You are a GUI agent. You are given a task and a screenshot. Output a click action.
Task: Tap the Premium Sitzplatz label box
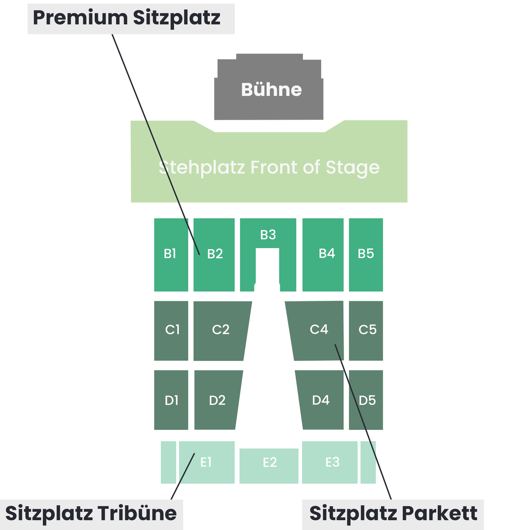(131, 19)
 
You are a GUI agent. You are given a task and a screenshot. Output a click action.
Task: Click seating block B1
(171, 255)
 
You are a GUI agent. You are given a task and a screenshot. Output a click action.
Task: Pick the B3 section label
(268, 235)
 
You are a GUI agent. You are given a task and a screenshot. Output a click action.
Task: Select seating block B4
(323, 255)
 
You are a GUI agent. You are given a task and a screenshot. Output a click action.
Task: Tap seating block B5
(366, 255)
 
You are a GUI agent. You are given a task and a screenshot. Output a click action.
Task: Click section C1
(171, 331)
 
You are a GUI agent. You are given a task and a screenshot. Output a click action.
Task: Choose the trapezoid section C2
(220, 331)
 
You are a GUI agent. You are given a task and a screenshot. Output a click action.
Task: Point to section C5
(366, 331)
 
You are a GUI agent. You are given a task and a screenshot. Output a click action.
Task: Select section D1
(171, 400)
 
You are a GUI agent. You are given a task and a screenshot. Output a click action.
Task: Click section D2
(217, 400)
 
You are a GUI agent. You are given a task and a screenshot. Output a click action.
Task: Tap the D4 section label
(321, 400)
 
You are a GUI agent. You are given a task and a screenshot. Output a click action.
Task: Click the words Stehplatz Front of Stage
(269, 168)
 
